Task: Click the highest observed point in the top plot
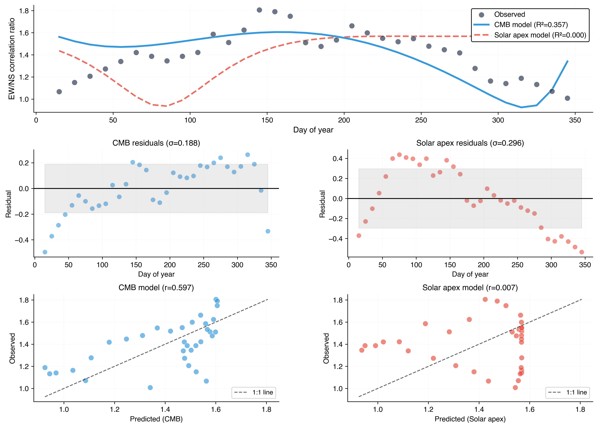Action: click(259, 10)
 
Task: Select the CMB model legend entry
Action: click(530, 25)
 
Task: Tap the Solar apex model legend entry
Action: click(540, 35)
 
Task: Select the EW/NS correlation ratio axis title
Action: click(12, 59)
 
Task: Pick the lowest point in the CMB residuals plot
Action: click(45, 252)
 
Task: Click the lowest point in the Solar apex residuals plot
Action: click(582, 252)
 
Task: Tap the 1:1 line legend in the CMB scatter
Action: click(254, 392)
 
